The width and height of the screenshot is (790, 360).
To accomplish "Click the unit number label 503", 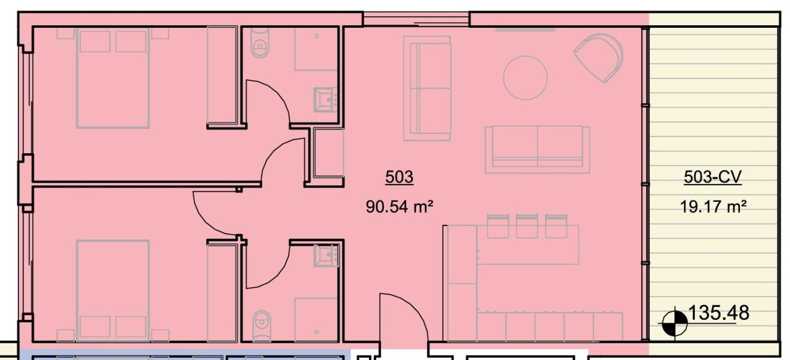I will (399, 177).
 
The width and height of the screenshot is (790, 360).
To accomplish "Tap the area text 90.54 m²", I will (398, 206).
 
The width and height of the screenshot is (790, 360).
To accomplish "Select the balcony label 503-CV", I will (712, 177).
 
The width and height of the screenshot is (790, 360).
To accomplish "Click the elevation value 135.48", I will (718, 313).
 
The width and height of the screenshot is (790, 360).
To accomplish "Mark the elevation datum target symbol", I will (673, 322).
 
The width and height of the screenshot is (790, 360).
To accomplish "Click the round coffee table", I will (525, 78).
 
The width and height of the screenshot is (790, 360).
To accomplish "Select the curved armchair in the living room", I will (599, 57).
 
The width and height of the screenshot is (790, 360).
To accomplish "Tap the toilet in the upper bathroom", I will (260, 46).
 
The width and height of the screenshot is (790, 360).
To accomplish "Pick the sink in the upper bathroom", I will (325, 99).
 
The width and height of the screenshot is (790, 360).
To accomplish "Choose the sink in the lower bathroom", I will (325, 255).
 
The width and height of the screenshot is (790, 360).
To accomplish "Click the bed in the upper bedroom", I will (113, 78).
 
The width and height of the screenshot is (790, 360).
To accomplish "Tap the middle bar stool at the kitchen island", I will (526, 226).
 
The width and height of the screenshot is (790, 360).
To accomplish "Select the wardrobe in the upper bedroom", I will (222, 75).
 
